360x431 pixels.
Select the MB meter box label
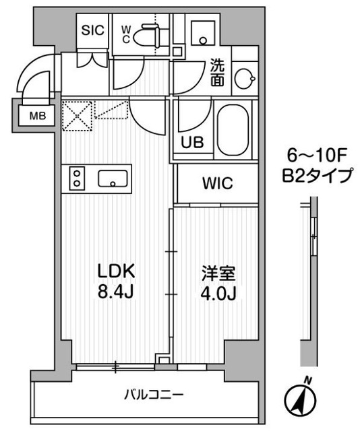pyautogui.click(x=37, y=115)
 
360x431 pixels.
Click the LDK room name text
pyautogui.click(x=119, y=271)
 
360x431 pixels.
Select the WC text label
pyautogui.click(x=127, y=32)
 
